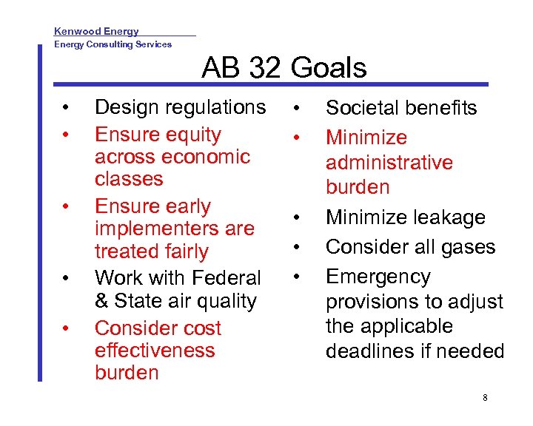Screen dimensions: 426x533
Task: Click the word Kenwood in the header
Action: [78, 31]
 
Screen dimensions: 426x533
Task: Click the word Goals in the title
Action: [329, 68]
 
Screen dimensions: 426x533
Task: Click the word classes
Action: [129, 179]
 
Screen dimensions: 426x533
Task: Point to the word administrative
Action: [389, 162]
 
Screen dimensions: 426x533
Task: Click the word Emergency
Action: [378, 277]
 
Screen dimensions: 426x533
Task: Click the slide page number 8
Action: [485, 398]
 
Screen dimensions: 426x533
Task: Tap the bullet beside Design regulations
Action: [66, 108]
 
